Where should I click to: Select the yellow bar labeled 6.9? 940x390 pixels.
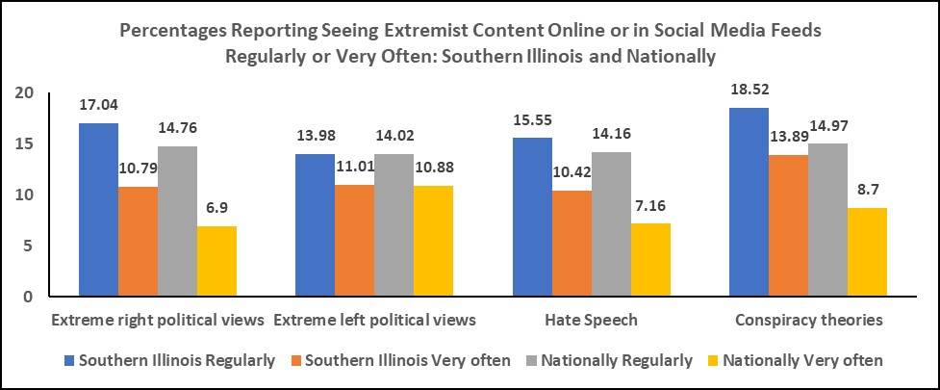pyautogui.click(x=216, y=261)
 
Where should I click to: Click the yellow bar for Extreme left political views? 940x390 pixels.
pyautogui.click(x=434, y=241)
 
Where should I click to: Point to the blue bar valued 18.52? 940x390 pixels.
pyautogui.click(x=749, y=202)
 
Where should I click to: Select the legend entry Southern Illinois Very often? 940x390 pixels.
pyautogui.click(x=398, y=360)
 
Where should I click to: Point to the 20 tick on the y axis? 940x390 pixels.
pyautogui.click(x=24, y=92)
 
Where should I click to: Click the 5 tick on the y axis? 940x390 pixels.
pyautogui.click(x=29, y=247)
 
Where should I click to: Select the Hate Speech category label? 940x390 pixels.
pyautogui.click(x=572, y=318)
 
